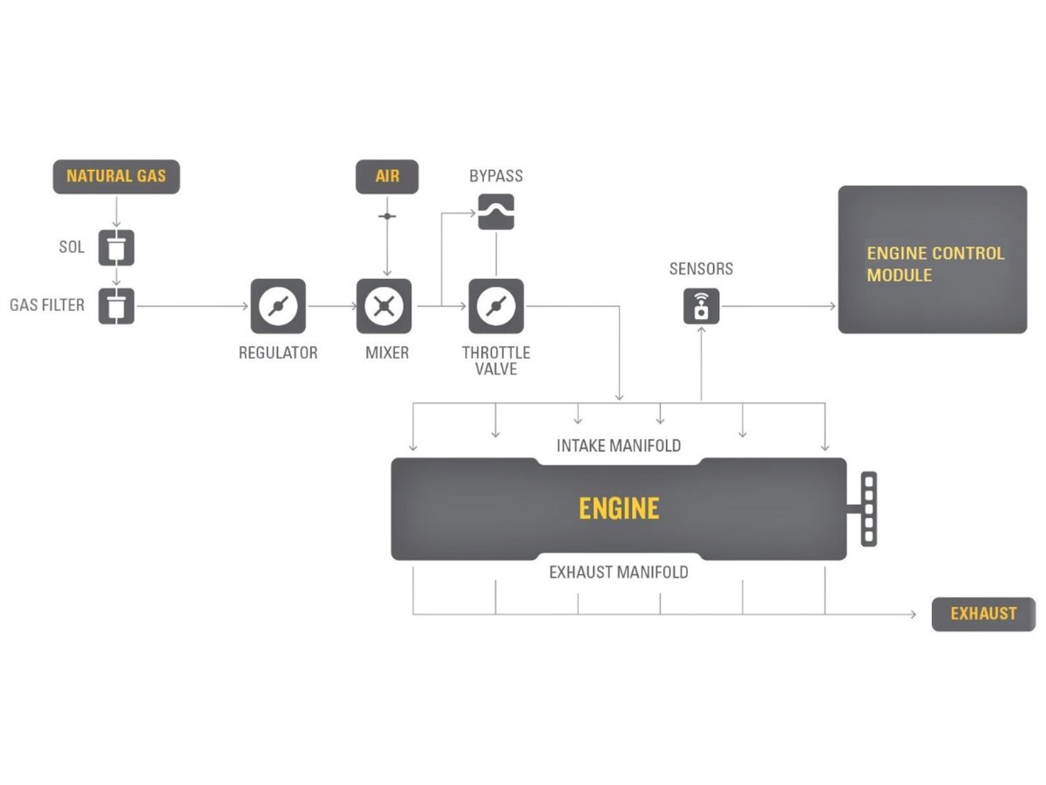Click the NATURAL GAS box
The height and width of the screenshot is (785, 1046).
(x=116, y=176)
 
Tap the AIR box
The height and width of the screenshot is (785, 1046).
(x=387, y=176)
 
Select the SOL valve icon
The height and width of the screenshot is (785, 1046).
(x=116, y=247)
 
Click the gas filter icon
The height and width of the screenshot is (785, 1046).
(x=116, y=307)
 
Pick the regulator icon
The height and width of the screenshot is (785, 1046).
(x=278, y=307)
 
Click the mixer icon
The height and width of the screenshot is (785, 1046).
(x=384, y=307)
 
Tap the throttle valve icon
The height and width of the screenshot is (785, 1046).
(x=496, y=307)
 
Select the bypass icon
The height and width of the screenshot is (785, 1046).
(x=496, y=212)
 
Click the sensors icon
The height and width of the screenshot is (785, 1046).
(x=701, y=307)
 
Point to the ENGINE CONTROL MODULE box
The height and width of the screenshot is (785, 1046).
(x=932, y=260)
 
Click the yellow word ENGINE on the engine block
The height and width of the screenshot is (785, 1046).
(x=619, y=509)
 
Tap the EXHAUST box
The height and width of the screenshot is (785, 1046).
(x=983, y=614)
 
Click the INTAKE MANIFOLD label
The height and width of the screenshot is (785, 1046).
(x=619, y=446)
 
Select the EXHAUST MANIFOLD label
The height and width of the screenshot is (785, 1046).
(x=619, y=572)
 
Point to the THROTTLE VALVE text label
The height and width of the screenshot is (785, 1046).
(x=496, y=361)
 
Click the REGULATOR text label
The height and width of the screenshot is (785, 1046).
(x=278, y=353)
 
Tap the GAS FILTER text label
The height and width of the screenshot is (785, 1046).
(x=47, y=306)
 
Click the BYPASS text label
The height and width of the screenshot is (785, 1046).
(x=496, y=176)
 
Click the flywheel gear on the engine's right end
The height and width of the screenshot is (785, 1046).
(x=868, y=509)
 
